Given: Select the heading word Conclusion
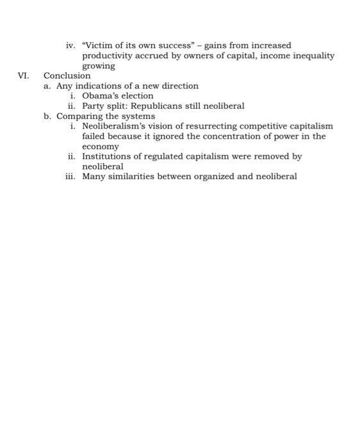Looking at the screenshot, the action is coord(67,76).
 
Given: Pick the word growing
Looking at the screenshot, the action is coord(99,66).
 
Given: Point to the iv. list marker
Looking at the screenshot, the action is coord(71,45).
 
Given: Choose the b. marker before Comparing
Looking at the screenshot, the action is coord(47,116).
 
